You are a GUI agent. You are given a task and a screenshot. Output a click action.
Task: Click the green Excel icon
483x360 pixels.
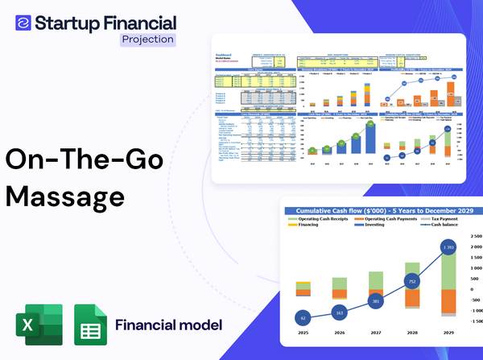click(x=40, y=325)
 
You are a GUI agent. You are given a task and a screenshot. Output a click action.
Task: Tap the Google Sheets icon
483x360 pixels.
click(x=91, y=325)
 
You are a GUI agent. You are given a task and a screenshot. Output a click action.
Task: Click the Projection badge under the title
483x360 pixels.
click(x=147, y=39)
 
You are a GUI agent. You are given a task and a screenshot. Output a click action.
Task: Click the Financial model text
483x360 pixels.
click(x=168, y=325)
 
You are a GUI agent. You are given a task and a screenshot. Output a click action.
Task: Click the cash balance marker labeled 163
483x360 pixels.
click(x=339, y=312)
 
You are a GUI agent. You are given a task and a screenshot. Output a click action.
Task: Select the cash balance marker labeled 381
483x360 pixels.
click(x=376, y=301)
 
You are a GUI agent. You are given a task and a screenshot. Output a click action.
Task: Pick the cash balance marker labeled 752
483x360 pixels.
click(x=411, y=282)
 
